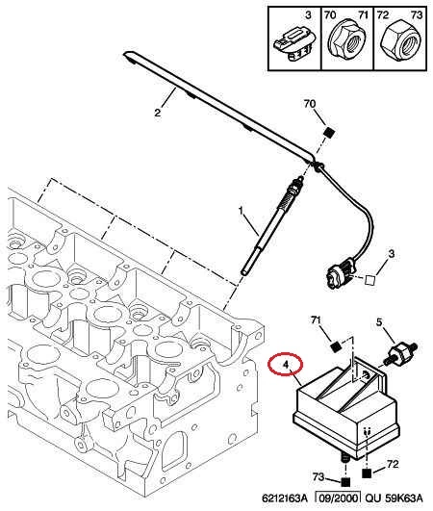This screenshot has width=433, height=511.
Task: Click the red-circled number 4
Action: click(286, 365)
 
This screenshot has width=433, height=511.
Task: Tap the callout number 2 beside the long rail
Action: click(158, 113)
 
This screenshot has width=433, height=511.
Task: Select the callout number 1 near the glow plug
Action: click(241, 211)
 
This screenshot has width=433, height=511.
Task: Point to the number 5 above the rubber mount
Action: click(379, 322)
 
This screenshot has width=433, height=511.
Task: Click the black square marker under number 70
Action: click(329, 133)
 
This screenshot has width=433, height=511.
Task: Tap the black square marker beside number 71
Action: click(335, 346)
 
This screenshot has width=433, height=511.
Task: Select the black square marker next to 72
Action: click(367, 473)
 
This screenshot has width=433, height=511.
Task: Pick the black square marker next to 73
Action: click(345, 482)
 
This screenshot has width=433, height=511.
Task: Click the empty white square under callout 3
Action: click(370, 280)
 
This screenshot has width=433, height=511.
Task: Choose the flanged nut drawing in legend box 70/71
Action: click(344, 41)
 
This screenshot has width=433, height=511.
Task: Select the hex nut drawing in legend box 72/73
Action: click(400, 42)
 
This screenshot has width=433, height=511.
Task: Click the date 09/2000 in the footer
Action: click(338, 498)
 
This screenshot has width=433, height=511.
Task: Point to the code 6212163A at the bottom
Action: click(285, 498)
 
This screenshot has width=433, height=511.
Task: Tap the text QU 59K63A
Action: click(394, 498)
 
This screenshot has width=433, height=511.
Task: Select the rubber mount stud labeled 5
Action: click(400, 352)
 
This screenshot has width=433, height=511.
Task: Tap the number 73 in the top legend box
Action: click(417, 15)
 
